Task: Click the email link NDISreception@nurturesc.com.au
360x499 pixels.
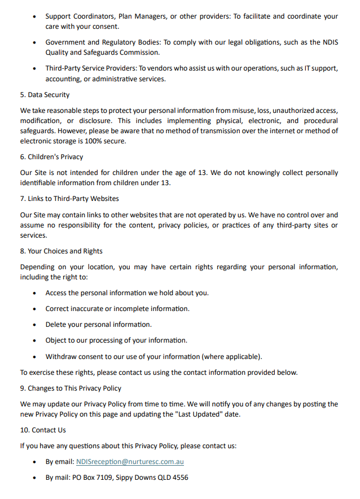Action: [130, 462]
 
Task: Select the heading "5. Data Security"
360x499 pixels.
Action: [45, 95]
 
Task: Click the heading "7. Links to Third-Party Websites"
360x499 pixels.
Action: [69, 199]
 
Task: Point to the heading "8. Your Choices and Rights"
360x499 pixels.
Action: [62, 251]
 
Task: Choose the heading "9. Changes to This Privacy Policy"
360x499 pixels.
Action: [71, 388]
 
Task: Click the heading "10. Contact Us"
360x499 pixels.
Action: [43, 430]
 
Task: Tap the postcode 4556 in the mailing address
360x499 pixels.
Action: [179, 478]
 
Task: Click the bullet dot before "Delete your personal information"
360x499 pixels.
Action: [35, 325]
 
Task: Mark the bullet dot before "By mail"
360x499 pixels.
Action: [35, 478]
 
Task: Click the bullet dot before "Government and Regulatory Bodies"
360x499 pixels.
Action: [35, 43]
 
